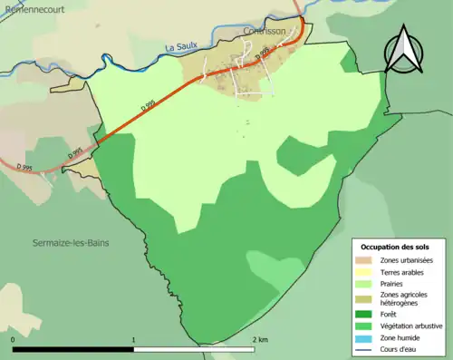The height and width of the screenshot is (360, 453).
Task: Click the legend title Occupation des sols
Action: [x=395, y=247]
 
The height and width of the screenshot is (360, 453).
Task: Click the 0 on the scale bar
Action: [x=14, y=339]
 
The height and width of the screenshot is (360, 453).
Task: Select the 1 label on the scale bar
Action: [x=135, y=339]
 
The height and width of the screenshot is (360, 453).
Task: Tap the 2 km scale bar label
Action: [x=260, y=339]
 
